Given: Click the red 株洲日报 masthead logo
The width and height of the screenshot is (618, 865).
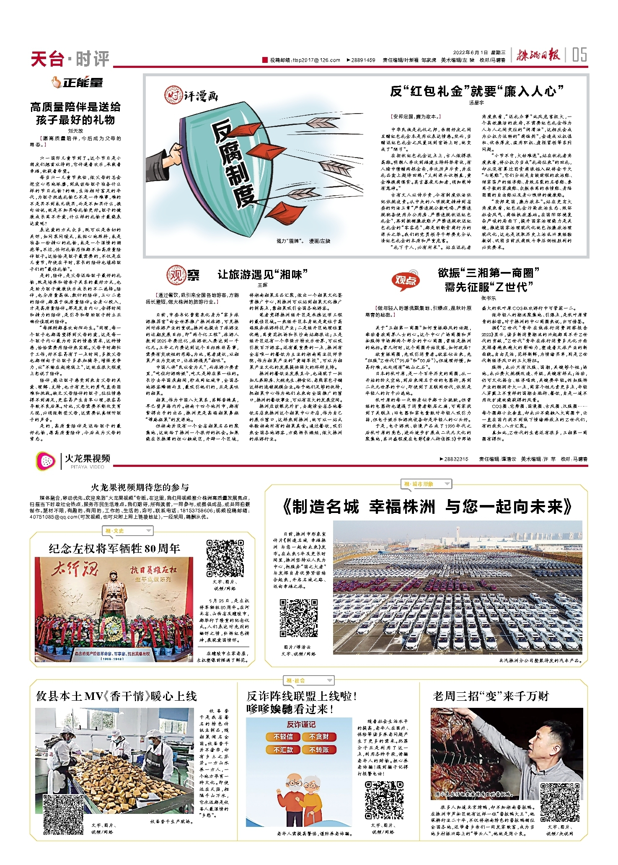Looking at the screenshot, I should [538, 55].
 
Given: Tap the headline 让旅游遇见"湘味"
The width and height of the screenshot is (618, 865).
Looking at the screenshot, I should [262, 275].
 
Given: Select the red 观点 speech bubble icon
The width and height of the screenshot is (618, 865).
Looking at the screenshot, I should [405, 280].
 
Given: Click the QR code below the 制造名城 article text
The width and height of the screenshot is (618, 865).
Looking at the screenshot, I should [299, 618].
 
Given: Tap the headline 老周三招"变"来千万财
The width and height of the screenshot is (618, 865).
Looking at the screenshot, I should [491, 696].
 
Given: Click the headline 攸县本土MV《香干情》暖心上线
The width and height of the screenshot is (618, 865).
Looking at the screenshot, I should [116, 696].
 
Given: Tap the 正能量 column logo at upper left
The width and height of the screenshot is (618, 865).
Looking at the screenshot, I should [78, 83].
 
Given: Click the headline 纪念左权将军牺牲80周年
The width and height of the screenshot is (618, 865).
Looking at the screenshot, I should [114, 549].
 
